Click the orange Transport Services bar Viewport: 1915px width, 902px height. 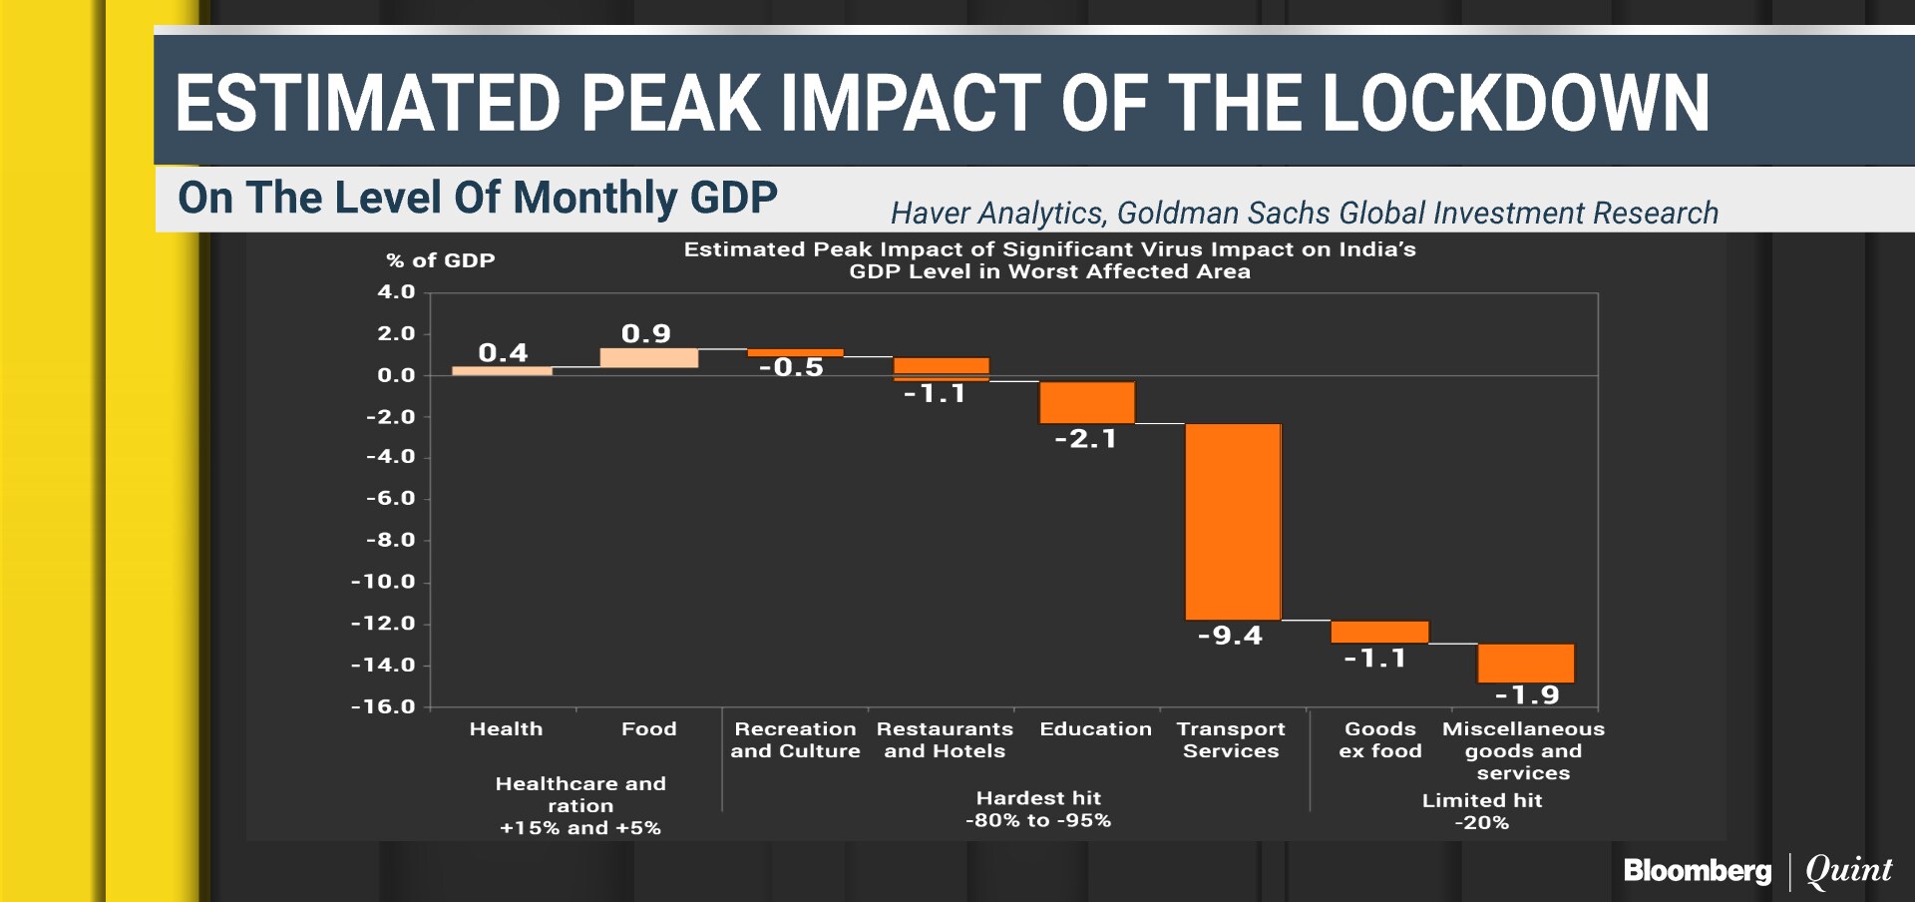(x=1233, y=521)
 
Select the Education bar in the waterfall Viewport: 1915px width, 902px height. (x=1086, y=402)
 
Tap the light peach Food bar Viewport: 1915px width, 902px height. (x=648, y=357)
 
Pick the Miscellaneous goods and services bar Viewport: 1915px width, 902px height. (x=1525, y=663)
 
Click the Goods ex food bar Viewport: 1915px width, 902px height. (x=1379, y=632)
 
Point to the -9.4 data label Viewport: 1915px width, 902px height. (x=1230, y=636)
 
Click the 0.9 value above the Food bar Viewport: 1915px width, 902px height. (x=645, y=333)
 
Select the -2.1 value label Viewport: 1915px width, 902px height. (x=1085, y=439)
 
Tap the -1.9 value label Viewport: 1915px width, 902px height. (x=1527, y=695)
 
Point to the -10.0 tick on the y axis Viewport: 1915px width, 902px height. (x=383, y=582)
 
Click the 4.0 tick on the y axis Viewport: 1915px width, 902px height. (x=396, y=292)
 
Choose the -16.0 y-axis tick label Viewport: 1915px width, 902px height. (x=383, y=706)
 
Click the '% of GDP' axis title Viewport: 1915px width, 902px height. (x=440, y=260)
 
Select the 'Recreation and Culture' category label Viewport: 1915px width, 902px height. (x=795, y=740)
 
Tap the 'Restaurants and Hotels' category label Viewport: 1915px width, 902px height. (x=945, y=740)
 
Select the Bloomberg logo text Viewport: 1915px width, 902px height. (x=1698, y=871)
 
